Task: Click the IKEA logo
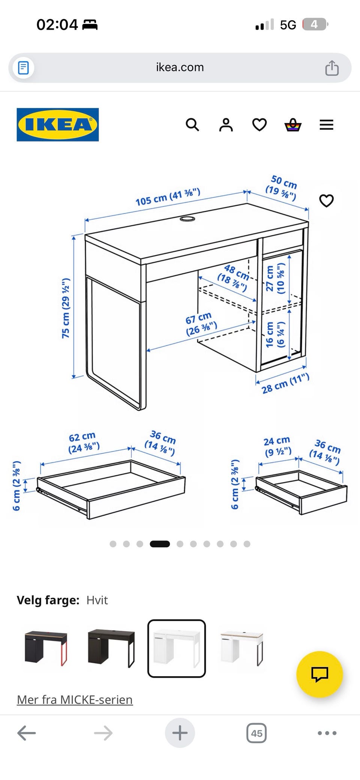pos(58,125)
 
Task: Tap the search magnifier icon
pos(192,124)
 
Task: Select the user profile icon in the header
pos(226,125)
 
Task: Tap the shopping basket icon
pos(293,125)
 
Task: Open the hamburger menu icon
pos(326,125)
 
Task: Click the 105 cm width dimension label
pos(168,197)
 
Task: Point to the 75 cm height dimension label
pos(66,308)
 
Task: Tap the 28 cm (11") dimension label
pos(285,383)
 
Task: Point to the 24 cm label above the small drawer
pos(277,446)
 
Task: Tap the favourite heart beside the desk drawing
pos(326,201)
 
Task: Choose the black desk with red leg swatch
pos(46,648)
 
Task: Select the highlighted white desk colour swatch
pos(177,648)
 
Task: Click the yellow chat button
pos(319,674)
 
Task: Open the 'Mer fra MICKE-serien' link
pos(75,699)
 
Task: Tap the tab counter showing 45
pos(256,733)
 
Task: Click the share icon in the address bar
pos(332,68)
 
